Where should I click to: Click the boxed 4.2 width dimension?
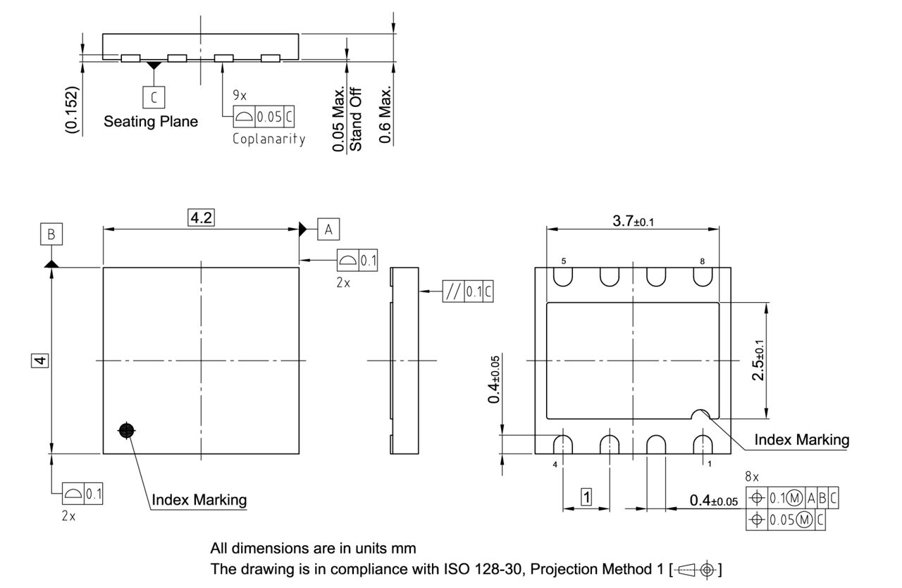(x=201, y=218)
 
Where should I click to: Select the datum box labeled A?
(x=328, y=229)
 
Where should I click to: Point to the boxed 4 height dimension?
(x=41, y=361)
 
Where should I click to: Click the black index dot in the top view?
(x=127, y=431)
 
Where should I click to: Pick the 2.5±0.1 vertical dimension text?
(x=758, y=361)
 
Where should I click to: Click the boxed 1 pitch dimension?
(x=586, y=496)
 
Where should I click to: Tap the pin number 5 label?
(x=563, y=261)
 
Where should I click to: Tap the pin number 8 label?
(x=702, y=261)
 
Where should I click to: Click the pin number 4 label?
(x=555, y=465)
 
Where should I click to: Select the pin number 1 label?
(x=709, y=465)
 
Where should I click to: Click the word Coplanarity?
(x=269, y=139)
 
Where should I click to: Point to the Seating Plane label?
(x=151, y=121)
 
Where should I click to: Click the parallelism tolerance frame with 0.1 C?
(x=467, y=292)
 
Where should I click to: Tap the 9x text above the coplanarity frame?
(x=240, y=94)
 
